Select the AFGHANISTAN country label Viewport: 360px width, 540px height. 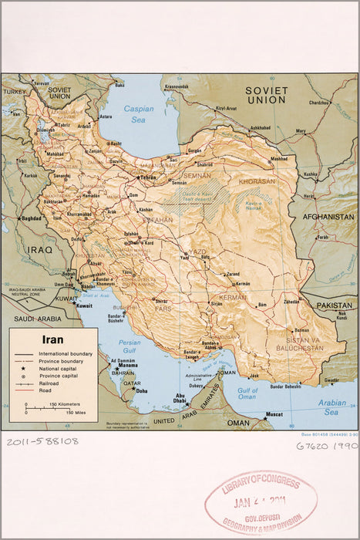point(328,218)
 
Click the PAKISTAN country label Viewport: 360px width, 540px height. point(334,305)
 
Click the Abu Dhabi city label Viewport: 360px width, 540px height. point(179,399)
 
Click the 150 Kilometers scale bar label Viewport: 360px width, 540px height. point(65,404)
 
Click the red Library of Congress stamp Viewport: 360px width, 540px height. point(261,503)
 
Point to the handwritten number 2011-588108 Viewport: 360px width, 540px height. point(43,441)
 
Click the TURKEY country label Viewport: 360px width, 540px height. point(14,91)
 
